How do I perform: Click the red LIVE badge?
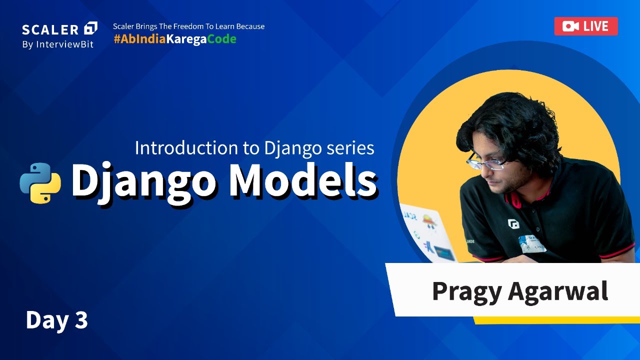tap(585, 26)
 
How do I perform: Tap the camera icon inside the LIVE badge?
tap(570, 26)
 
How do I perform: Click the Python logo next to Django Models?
tap(40, 183)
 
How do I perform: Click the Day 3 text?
tap(56, 320)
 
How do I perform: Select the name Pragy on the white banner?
tap(466, 291)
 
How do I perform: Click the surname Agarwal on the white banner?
tap(558, 291)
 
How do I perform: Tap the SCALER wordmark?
tap(50, 29)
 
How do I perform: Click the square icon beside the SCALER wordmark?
tap(91, 28)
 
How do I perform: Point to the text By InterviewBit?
tap(57, 44)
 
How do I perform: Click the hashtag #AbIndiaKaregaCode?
tap(175, 39)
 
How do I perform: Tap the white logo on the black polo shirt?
tap(513, 223)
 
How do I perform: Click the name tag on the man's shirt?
tap(531, 242)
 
